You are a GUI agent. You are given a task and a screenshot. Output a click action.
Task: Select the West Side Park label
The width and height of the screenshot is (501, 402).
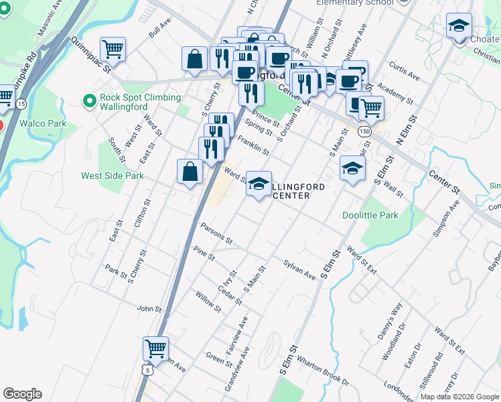pos(113,176)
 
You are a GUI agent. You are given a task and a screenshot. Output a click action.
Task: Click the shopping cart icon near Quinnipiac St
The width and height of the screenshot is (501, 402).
pos(113,49)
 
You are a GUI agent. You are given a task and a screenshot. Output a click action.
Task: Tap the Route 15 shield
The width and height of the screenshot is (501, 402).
pos(21,104)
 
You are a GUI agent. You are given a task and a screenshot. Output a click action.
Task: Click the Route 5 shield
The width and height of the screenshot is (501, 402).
pos(147,370)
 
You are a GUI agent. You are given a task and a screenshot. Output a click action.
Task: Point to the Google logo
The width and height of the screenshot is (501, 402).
pos(22,394)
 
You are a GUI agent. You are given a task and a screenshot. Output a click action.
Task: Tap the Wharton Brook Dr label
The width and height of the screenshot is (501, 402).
pos(323,371)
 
